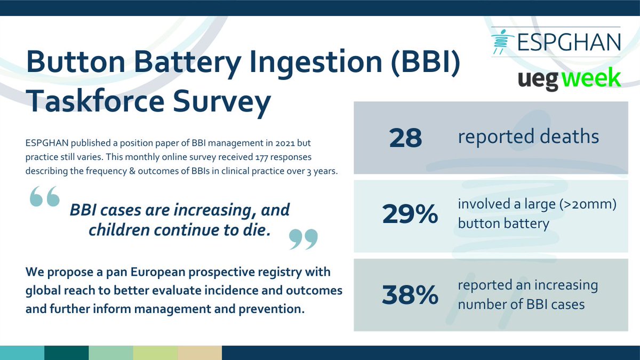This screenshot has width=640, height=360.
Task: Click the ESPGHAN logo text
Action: pyautogui.click(x=569, y=42)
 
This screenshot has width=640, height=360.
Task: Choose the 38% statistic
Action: pyautogui.click(x=410, y=295)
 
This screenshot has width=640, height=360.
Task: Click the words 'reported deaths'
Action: pyautogui.click(x=528, y=137)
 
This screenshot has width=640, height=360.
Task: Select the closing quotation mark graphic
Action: pyautogui.click(x=303, y=239)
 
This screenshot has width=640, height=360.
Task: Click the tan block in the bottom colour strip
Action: pyautogui.click(x=199, y=353)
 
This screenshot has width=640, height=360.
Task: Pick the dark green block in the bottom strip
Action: pyautogui.click(x=66, y=353)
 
